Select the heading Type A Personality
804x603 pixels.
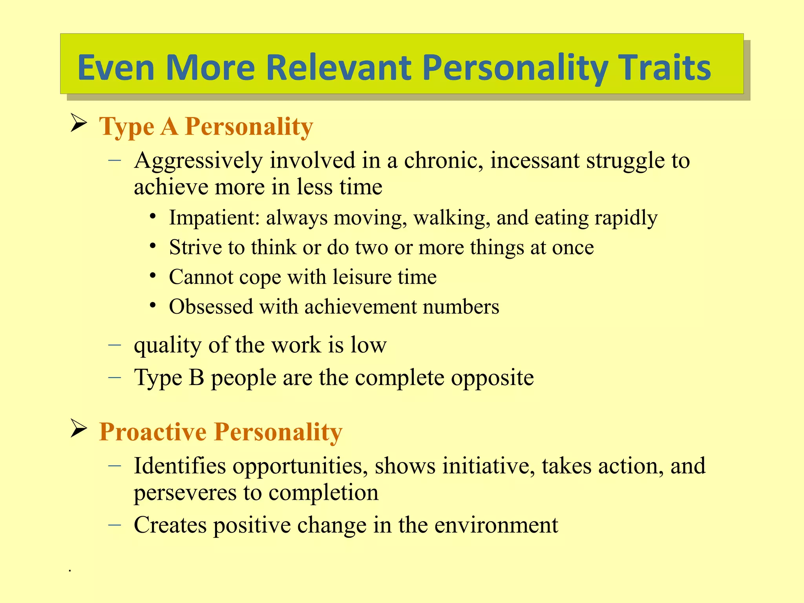206,126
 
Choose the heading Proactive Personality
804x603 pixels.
221,432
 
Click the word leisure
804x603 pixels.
362,277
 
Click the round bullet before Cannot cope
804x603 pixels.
153,275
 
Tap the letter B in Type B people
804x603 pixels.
196,378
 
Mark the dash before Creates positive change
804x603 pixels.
114,524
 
